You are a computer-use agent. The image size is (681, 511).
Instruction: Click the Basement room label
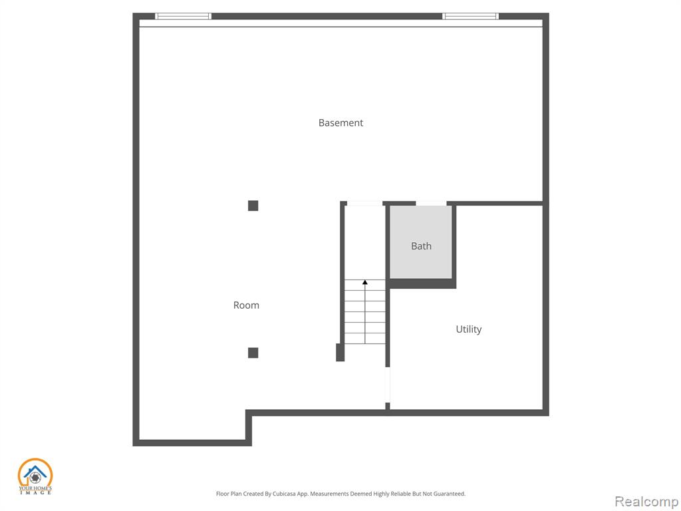point(340,122)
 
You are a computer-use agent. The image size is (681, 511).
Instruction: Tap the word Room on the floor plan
point(246,305)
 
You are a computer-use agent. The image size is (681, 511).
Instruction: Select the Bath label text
point(421,246)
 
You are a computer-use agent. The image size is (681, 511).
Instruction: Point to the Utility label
point(469,329)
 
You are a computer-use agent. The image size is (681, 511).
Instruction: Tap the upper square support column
point(253,206)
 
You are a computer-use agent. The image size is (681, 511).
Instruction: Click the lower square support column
point(253,353)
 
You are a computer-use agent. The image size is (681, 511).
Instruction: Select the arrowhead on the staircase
point(365,282)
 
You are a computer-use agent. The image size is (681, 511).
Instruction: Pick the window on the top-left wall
point(184,17)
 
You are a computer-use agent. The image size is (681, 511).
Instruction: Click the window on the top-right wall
point(470,17)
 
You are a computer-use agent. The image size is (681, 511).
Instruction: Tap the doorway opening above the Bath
point(431,204)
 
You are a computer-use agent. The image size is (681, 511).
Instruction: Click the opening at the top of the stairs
point(364,204)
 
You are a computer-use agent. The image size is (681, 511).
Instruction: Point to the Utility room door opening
point(388,385)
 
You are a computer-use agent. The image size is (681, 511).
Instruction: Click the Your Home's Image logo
point(35,476)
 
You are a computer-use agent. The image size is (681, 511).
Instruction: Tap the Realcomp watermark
point(646,502)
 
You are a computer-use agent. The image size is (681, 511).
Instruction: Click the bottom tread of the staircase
point(365,339)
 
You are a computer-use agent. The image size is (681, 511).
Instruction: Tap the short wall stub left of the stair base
point(340,352)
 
